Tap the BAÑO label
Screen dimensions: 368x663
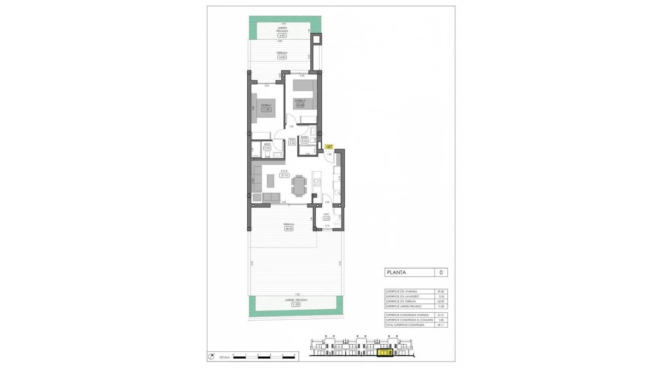[x=304, y=137]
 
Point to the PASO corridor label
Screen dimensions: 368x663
[x=292, y=139]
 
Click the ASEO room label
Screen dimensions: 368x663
[x=267, y=144]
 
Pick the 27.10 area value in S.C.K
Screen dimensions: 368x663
[x=284, y=175]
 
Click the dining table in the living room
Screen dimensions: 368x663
[x=298, y=185]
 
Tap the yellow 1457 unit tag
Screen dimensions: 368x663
[x=329, y=147]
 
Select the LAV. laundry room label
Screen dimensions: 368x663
[x=326, y=214]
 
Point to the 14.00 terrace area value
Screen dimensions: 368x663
[x=282, y=57]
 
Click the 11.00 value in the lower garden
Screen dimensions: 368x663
[x=295, y=304]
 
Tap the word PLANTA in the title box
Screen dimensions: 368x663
[x=396, y=272]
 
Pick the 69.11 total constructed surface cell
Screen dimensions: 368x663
[x=441, y=325]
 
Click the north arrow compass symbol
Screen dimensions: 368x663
[x=211, y=356]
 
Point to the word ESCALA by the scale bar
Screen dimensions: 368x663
[x=224, y=356]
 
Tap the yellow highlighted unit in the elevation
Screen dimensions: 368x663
[x=385, y=353]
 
